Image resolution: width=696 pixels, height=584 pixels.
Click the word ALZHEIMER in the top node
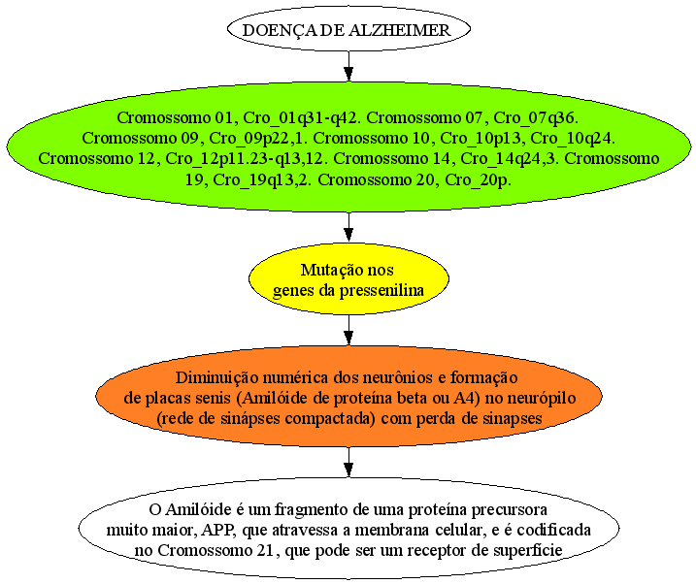(x=399, y=30)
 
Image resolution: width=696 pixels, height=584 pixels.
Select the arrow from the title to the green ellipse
(x=348, y=66)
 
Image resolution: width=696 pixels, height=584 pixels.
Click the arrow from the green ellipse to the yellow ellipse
(x=348, y=227)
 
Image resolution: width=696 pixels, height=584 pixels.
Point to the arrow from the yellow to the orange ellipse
(x=348, y=330)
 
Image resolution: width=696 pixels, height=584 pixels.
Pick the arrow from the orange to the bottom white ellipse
(x=348, y=462)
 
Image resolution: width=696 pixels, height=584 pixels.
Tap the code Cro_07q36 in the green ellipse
(x=535, y=118)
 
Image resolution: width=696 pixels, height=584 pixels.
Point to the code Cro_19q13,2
(x=263, y=180)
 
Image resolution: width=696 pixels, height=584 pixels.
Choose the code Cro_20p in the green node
(x=478, y=180)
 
